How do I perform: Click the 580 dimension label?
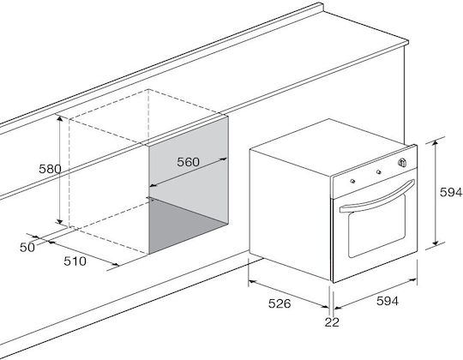click(51, 169)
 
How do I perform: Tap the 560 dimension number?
click(188, 162)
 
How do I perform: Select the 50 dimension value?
click(27, 247)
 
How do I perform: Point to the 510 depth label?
click(75, 261)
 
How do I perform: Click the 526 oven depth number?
click(280, 303)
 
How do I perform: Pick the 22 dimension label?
click(332, 322)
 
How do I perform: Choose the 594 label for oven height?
click(451, 192)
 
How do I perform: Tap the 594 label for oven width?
click(388, 301)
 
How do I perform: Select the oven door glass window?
click(376, 225)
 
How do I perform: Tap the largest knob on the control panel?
click(401, 162)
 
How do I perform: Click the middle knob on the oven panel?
click(378, 171)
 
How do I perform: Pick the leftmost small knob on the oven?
click(352, 181)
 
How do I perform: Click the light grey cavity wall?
click(189, 165)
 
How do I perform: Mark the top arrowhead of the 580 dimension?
click(60, 118)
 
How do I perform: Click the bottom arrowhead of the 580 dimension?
click(60, 221)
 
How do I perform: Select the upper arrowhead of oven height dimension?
click(435, 143)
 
